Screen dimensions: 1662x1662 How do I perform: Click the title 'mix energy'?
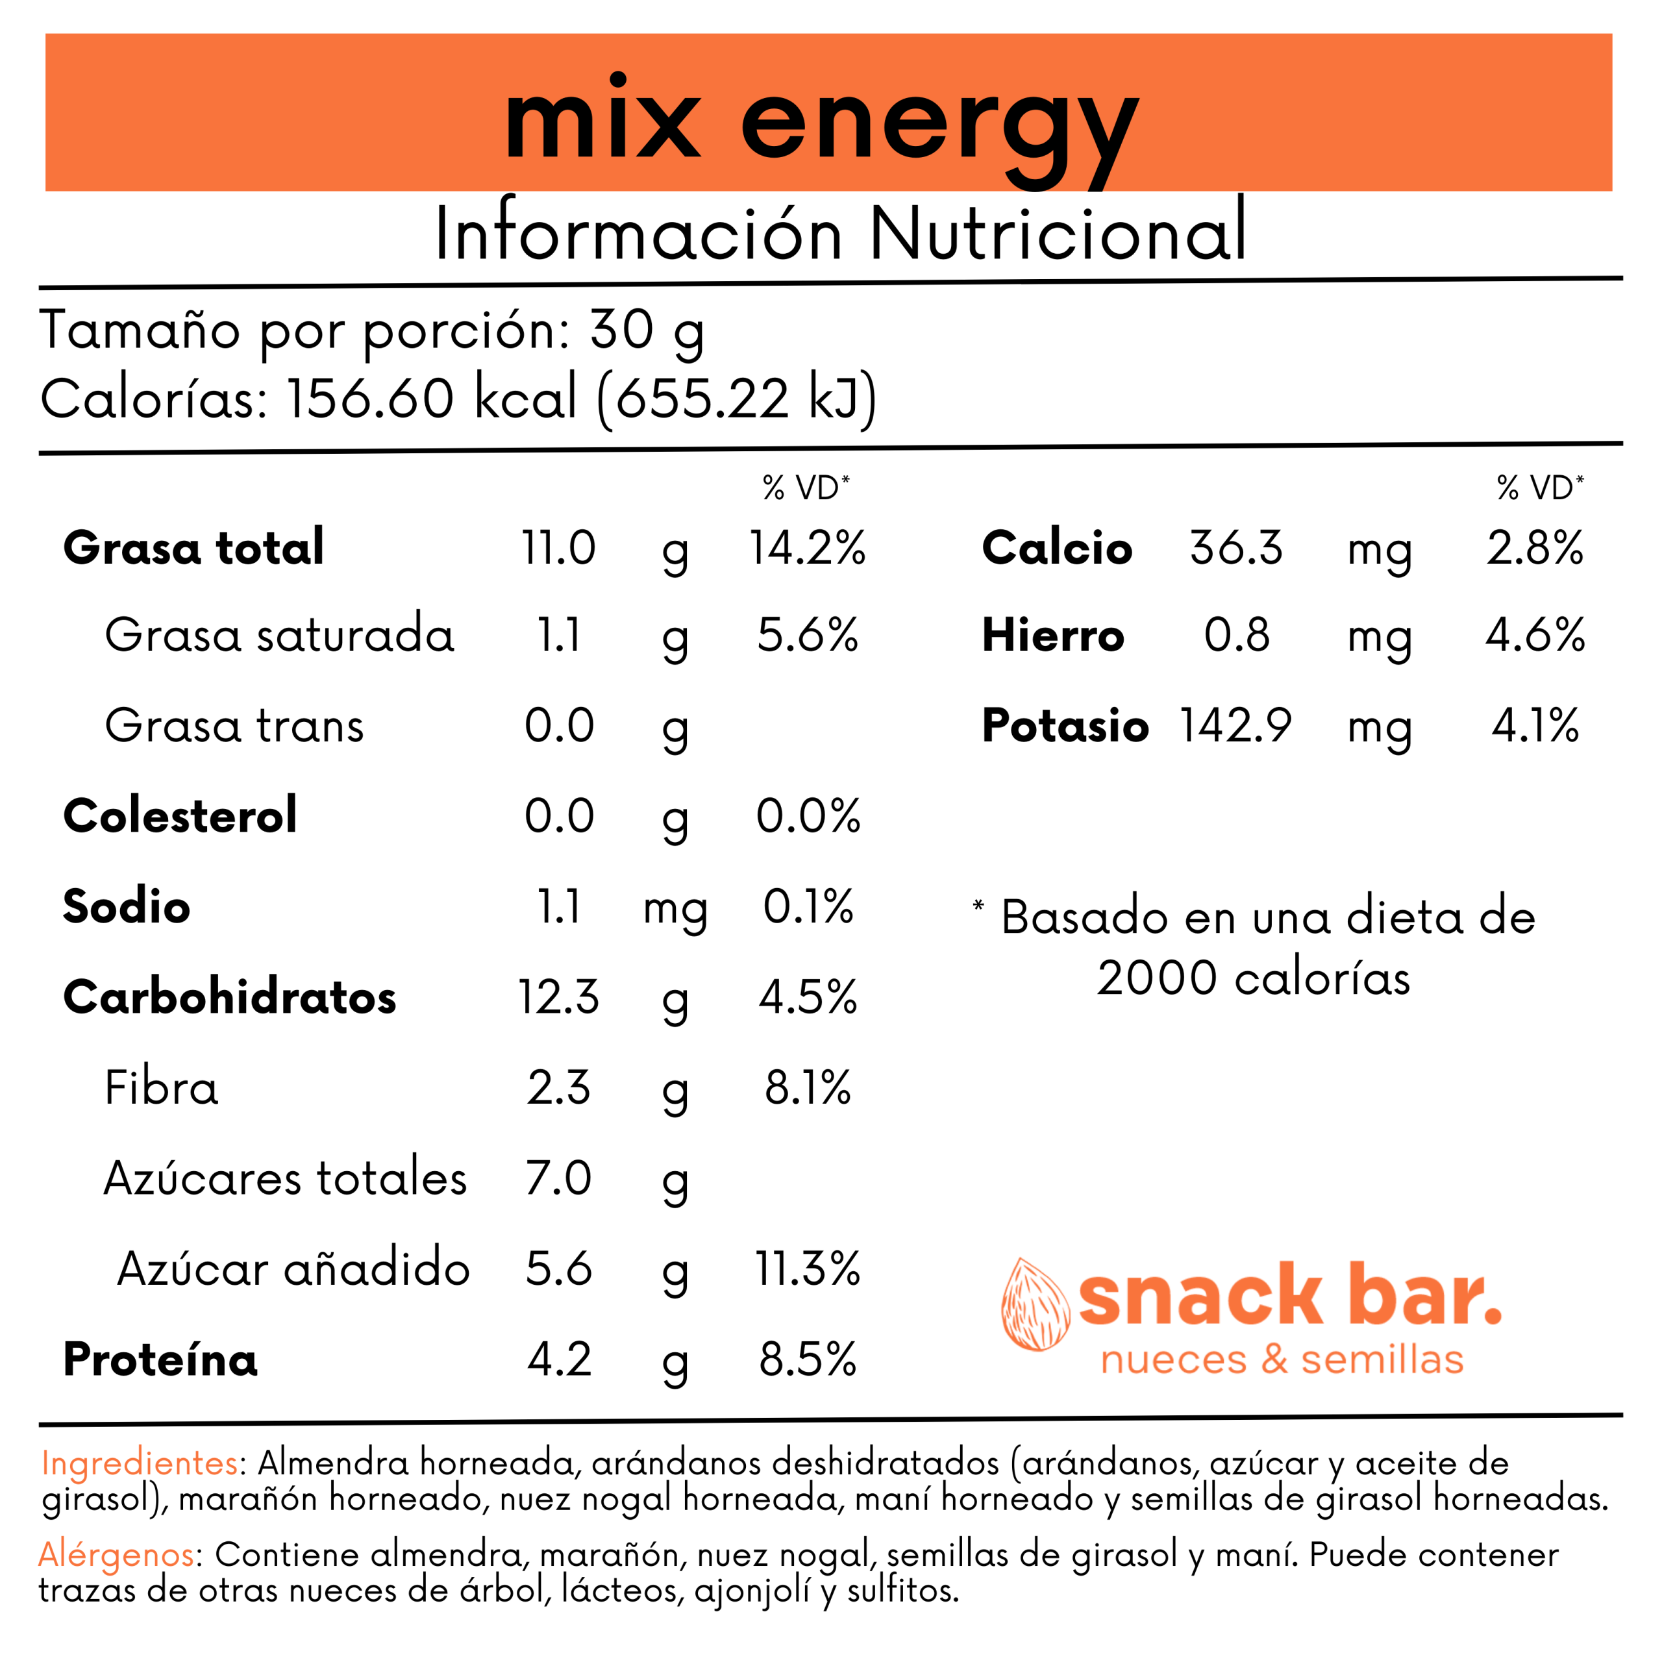[821, 125]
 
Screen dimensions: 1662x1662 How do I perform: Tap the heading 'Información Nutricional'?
[841, 233]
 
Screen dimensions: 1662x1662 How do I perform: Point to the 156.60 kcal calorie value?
[430, 398]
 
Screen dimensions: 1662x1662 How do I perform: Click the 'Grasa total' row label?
[193, 547]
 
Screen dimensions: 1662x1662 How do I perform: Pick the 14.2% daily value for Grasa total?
[807, 548]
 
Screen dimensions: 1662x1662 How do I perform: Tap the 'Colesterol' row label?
[180, 815]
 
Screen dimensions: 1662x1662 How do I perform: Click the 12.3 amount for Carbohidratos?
[558, 997]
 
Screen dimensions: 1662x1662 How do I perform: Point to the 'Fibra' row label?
[161, 1087]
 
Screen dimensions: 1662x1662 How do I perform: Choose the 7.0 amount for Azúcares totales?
[558, 1178]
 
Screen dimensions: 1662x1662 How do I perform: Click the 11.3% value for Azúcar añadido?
[807, 1269]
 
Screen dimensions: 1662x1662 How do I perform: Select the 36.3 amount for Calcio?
[1236, 548]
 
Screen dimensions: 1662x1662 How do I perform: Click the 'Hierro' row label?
[1053, 636]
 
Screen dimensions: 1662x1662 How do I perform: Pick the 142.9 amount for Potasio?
[1235, 725]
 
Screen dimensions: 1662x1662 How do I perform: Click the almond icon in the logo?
[1035, 1304]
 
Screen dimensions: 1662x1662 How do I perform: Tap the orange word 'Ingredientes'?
[140, 1463]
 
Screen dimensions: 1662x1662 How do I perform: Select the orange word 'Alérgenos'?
[117, 1554]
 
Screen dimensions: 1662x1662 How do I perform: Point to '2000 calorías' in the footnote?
[1254, 978]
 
